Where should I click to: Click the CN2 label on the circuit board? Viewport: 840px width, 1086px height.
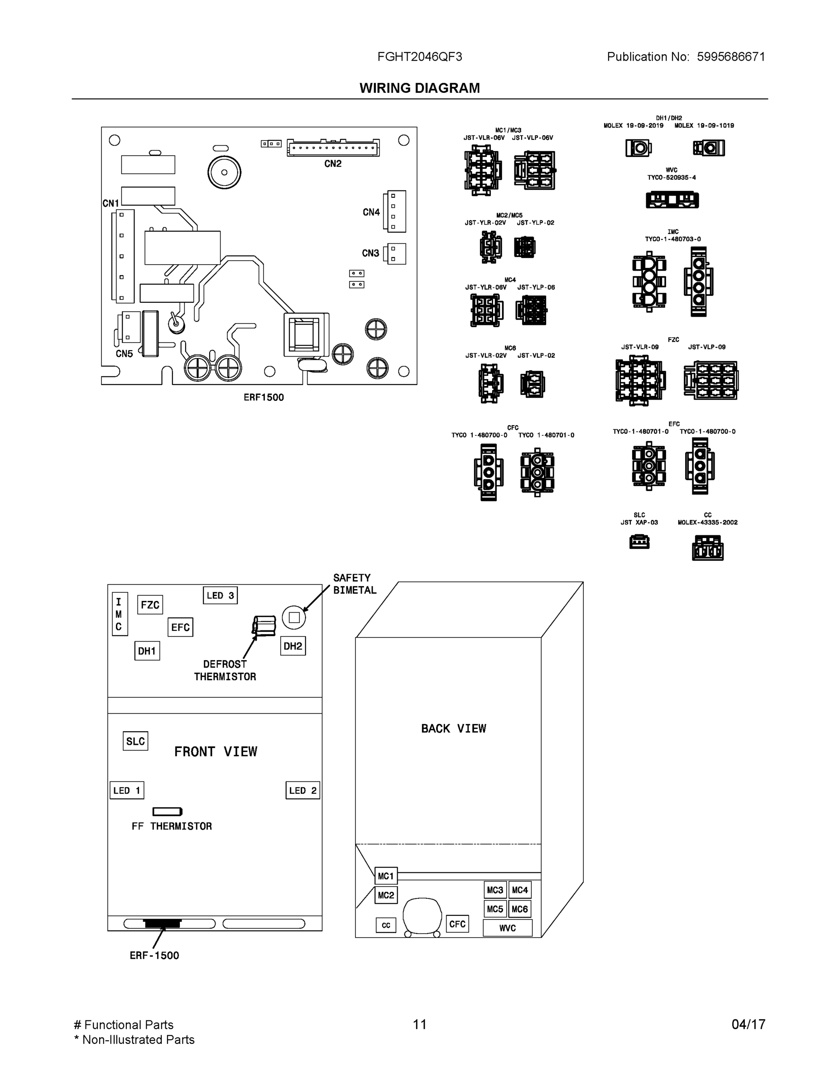click(332, 164)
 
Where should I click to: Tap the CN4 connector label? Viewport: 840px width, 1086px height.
click(371, 212)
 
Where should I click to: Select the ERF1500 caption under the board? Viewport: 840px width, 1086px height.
click(263, 397)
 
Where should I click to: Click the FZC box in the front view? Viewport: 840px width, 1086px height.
click(150, 605)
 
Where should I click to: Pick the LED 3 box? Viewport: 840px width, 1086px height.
click(220, 595)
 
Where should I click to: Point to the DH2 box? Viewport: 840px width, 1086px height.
click(293, 646)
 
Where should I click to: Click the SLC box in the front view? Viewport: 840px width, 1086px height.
click(135, 741)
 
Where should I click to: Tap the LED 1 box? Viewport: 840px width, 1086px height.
click(127, 790)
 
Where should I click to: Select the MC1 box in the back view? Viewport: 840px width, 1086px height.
click(386, 876)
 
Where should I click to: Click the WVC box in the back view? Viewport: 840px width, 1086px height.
click(507, 928)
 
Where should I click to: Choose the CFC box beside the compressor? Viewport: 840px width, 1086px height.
click(457, 924)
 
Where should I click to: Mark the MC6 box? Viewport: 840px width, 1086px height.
click(519, 909)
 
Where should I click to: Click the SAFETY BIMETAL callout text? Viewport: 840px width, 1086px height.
click(354, 584)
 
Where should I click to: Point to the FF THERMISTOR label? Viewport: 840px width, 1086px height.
click(172, 826)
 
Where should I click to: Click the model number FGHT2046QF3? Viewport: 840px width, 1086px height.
click(419, 57)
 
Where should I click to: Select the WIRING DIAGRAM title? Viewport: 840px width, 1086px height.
click(419, 88)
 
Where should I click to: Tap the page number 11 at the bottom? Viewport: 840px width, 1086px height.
click(419, 1024)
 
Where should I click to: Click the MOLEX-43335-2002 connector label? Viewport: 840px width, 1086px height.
click(707, 522)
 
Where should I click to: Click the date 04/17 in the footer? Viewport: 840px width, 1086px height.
click(748, 1024)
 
